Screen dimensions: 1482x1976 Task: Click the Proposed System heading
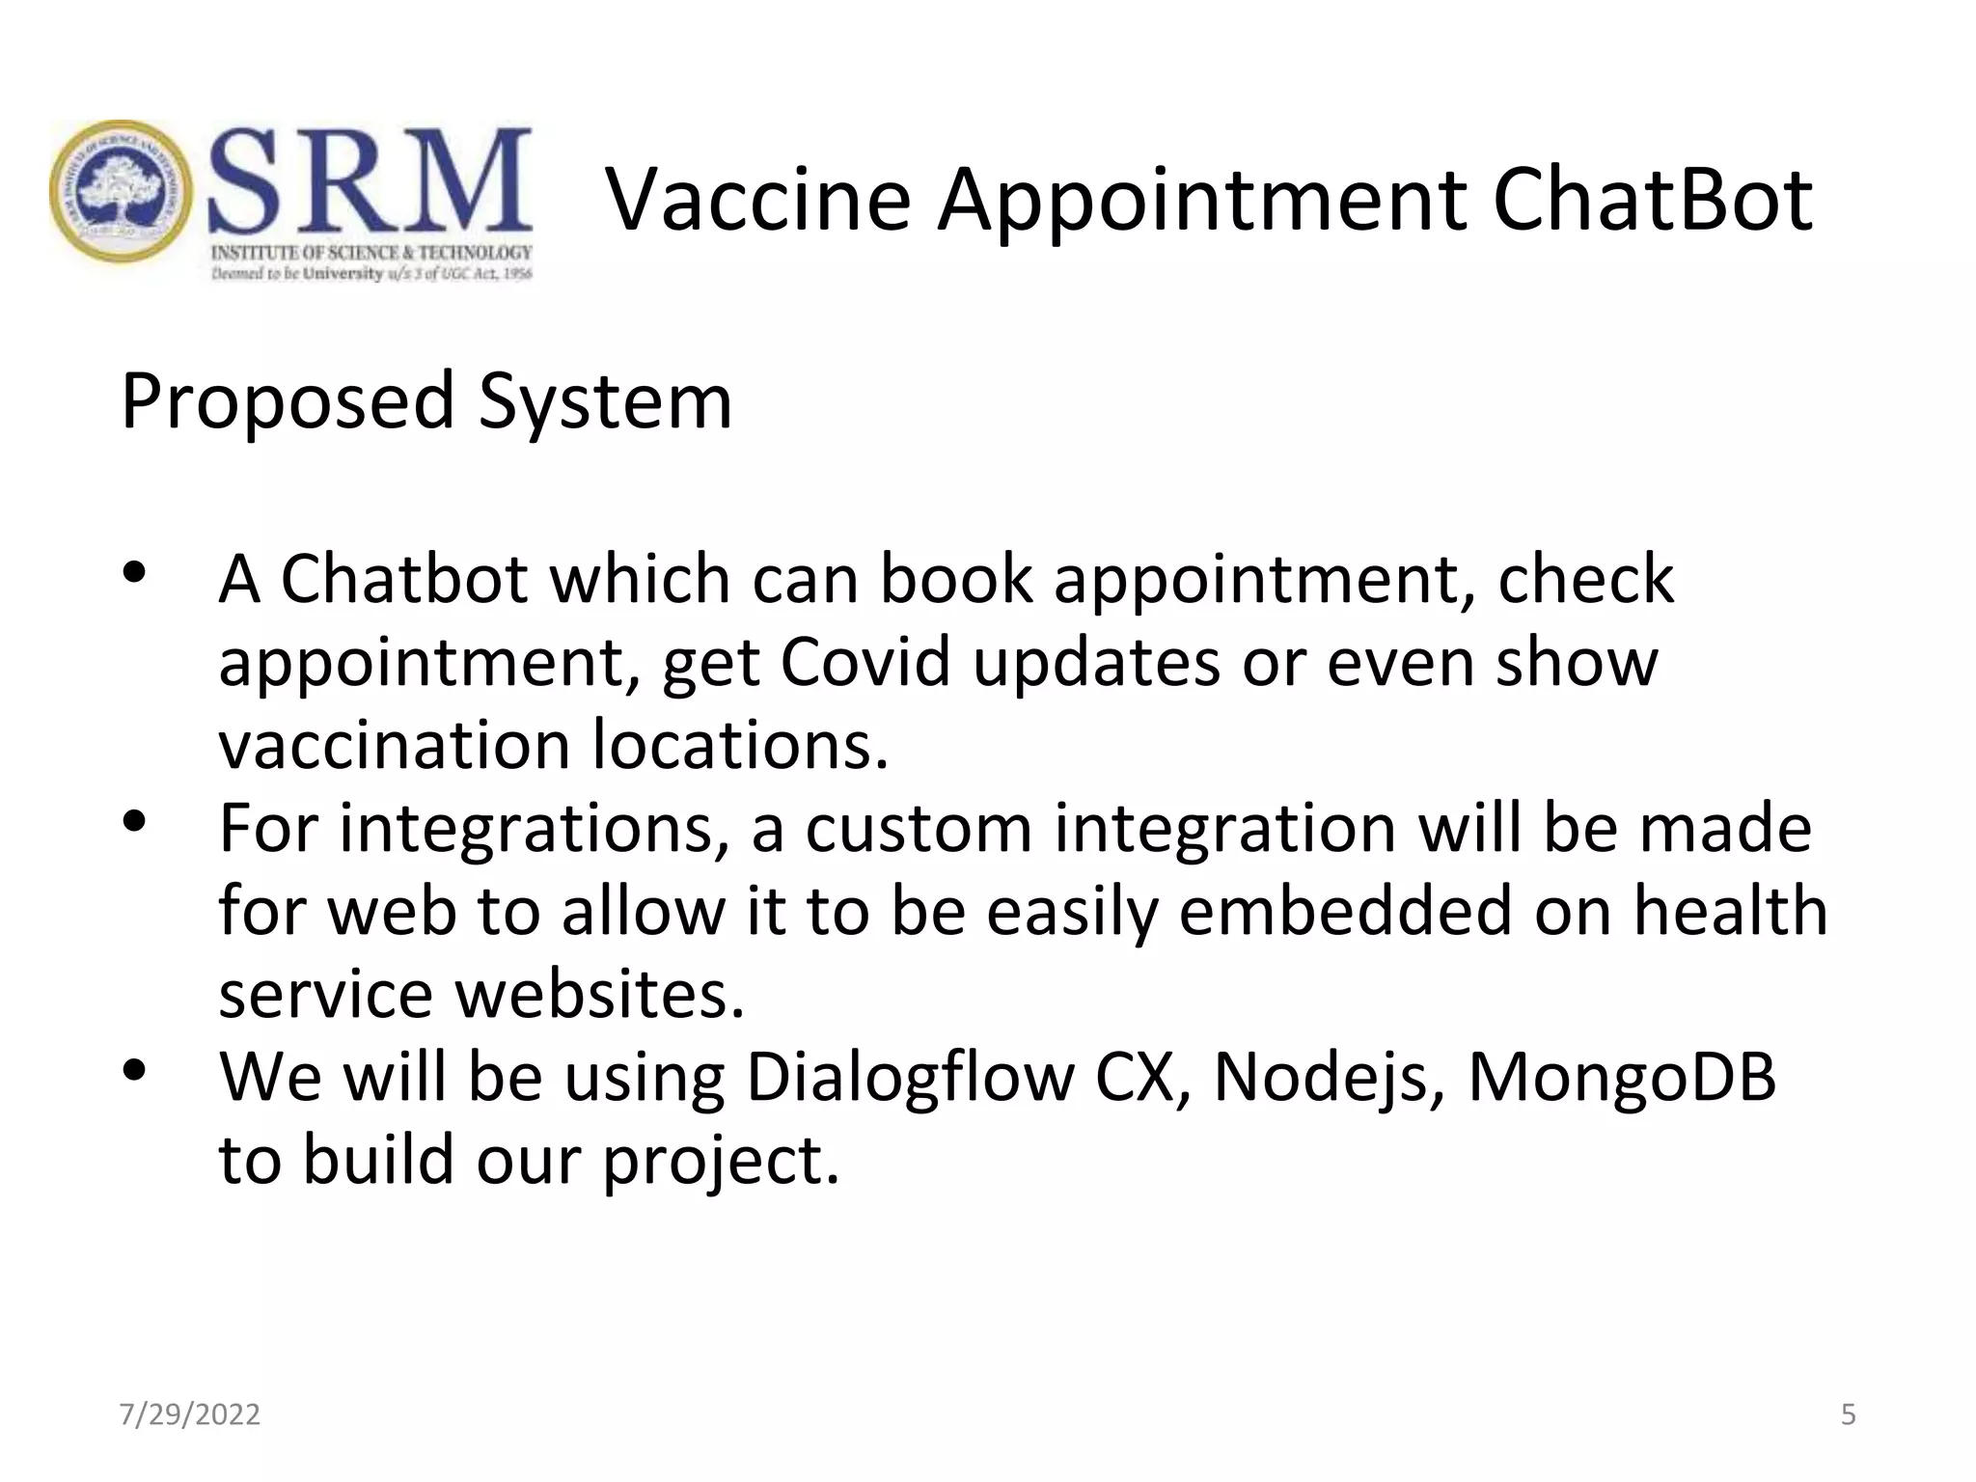[x=426, y=400]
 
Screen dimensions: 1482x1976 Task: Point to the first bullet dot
[x=133, y=573]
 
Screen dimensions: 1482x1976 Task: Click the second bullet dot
[x=133, y=822]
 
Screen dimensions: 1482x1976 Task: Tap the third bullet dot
[x=133, y=1070]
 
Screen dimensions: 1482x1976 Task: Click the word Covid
[x=864, y=662]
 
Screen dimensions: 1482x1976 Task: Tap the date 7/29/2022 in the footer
[x=189, y=1414]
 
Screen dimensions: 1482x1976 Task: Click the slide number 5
[x=1848, y=1414]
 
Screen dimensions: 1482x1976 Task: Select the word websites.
[x=600, y=994]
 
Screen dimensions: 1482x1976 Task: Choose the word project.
[x=721, y=1160]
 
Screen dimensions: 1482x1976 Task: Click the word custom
[x=919, y=828]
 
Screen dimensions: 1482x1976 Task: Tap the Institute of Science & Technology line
[x=371, y=253]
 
